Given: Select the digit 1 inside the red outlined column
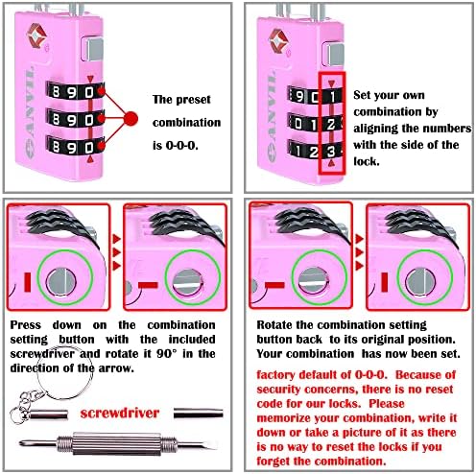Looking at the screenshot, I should (x=329, y=95).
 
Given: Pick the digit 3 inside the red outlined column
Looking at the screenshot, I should (x=329, y=151).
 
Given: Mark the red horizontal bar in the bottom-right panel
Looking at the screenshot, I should (x=380, y=285).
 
